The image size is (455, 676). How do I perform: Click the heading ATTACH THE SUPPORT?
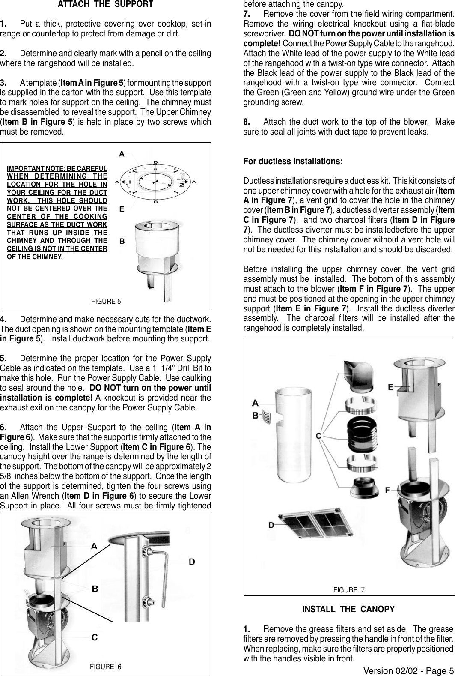pyautogui.click(x=105, y=5)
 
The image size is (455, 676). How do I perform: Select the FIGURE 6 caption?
pyautogui.click(x=105, y=667)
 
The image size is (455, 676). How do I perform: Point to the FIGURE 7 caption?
pyautogui.click(x=349, y=590)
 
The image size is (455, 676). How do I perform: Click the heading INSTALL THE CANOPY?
pyautogui.click(x=348, y=609)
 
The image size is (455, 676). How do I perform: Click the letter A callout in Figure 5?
pyautogui.click(x=122, y=153)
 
